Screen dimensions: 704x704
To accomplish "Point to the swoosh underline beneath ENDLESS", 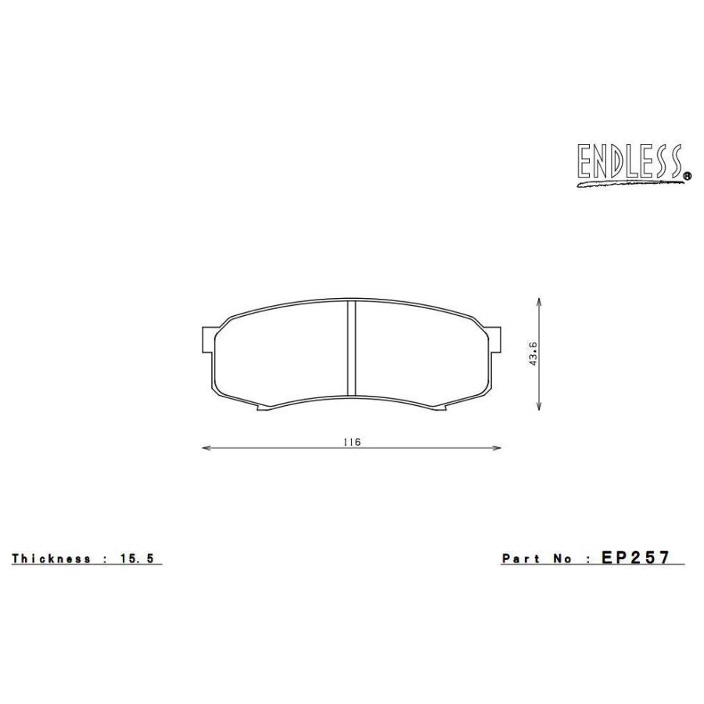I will point(626,185).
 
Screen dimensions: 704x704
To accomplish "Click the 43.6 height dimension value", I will point(533,354).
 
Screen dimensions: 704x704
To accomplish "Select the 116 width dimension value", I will point(351,442).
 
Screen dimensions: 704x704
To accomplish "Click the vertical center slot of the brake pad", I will point(351,349).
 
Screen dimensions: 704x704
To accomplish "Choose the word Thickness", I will point(51,559).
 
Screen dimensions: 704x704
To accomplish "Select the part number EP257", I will point(635,558).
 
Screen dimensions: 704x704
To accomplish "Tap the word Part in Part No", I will point(520,559).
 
